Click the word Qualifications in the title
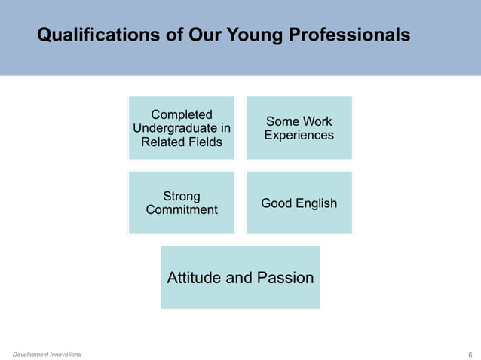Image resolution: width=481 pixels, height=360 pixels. (89, 35)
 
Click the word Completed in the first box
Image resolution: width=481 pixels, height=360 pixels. (182, 114)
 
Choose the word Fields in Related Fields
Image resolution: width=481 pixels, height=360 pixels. (205, 142)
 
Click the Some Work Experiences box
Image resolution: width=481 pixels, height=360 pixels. (299, 127)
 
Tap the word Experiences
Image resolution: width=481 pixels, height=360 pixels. (299, 136)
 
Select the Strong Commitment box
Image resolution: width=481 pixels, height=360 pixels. (182, 203)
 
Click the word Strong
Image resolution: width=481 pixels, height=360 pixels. (182, 196)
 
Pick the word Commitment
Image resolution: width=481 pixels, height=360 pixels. (182, 210)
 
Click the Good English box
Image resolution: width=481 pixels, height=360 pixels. (299, 203)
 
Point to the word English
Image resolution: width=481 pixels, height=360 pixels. (317, 203)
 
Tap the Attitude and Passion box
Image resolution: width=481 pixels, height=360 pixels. (240, 277)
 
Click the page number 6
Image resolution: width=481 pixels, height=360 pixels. (470, 355)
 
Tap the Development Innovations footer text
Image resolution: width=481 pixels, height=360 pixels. (47, 354)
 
